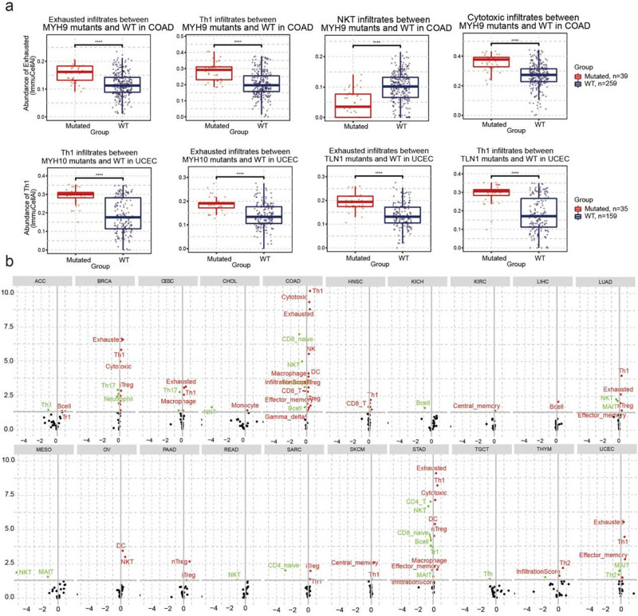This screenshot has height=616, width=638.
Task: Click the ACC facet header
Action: [x=42, y=281]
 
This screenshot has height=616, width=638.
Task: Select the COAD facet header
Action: [x=291, y=281]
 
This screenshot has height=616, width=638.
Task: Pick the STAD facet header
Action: [x=415, y=451]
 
